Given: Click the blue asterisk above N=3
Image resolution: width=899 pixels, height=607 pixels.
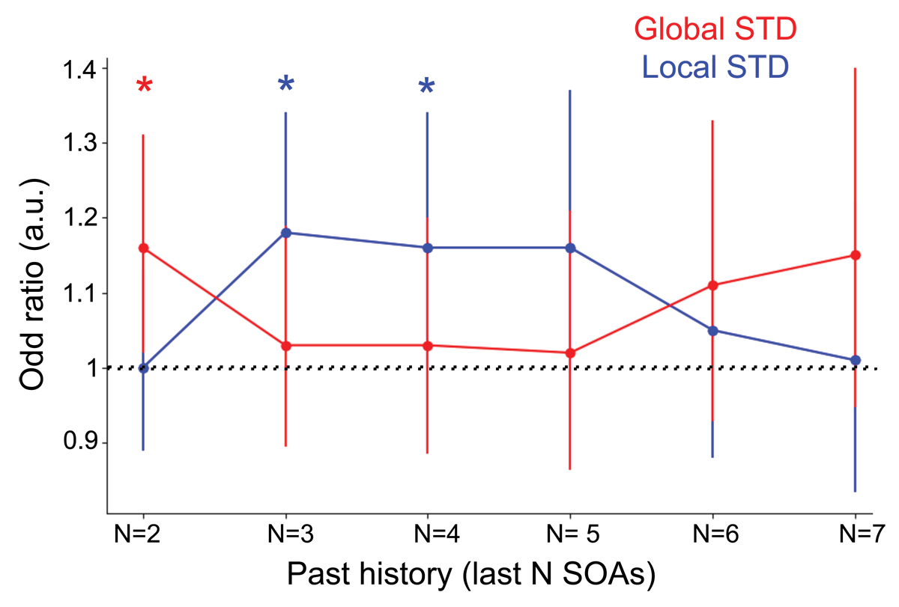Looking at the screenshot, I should pos(285,85).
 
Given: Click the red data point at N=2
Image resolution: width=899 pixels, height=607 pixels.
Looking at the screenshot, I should pos(143,248).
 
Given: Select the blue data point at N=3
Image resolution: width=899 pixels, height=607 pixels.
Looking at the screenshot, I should pos(285,233).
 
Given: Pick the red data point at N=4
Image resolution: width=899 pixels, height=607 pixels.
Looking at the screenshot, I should pos(427,345).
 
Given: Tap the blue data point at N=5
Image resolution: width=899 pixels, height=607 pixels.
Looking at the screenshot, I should pos(570,248).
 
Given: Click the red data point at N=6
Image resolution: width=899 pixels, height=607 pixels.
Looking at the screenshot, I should pos(712,285).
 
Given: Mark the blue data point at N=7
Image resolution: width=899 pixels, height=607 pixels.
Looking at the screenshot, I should pos(856,360).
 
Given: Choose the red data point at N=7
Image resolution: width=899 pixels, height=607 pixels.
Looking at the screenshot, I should pos(856,255).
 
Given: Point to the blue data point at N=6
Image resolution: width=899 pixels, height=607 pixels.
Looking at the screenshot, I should pos(712,330).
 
